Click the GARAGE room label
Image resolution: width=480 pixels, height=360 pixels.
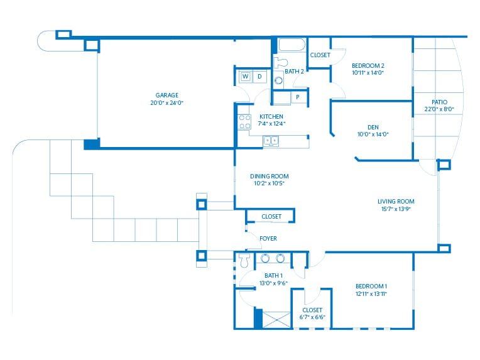(x=167, y=95)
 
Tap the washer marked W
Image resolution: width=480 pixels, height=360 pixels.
(x=245, y=77)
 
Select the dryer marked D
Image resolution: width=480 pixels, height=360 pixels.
(x=260, y=77)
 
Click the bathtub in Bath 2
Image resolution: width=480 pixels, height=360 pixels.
(x=292, y=45)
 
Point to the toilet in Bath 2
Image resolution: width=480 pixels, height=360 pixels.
(x=280, y=62)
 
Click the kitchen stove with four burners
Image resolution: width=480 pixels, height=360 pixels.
(x=244, y=121)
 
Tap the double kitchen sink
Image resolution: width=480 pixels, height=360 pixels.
(x=271, y=141)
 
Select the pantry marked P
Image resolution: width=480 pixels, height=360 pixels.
(x=298, y=97)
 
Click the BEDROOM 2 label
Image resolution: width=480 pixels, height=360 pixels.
(x=368, y=65)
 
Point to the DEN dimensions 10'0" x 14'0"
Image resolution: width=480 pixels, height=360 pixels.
(x=373, y=134)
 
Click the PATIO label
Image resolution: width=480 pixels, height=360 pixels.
(x=439, y=102)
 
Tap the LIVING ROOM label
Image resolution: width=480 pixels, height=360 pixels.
(x=396, y=202)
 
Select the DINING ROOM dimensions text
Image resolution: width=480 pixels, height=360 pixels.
(x=269, y=183)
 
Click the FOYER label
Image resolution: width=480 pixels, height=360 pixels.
(x=268, y=239)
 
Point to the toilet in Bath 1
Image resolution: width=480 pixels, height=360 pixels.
(x=244, y=261)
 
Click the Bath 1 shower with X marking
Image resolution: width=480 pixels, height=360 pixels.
(x=276, y=320)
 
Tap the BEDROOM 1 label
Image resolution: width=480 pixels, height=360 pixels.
(x=371, y=286)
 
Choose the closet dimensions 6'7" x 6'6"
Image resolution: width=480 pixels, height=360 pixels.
(x=312, y=317)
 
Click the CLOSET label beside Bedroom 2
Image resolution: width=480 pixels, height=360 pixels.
(x=320, y=55)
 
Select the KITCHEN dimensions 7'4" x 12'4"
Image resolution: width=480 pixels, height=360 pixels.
(x=271, y=124)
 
